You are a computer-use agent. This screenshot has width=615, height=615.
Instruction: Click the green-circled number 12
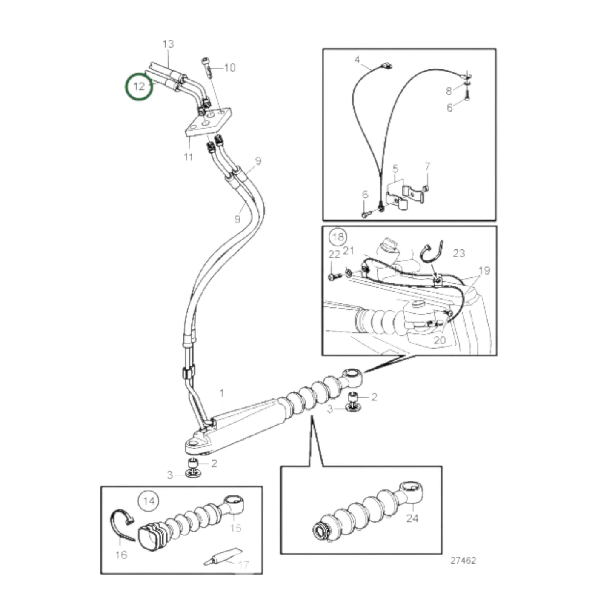click(139, 86)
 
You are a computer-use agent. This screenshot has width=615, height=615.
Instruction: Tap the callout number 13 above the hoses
click(168, 44)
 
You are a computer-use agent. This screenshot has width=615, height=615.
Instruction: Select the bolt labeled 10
click(207, 67)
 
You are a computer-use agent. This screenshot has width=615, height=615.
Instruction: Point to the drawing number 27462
click(463, 561)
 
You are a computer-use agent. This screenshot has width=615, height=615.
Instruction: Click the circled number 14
click(149, 501)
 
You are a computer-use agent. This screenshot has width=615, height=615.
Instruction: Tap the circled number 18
click(338, 237)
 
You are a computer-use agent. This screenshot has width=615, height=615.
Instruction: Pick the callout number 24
click(412, 518)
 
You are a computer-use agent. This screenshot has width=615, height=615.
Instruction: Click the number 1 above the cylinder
click(221, 393)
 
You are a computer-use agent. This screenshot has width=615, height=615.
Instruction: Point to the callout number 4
click(357, 59)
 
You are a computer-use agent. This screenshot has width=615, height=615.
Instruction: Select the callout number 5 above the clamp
click(395, 169)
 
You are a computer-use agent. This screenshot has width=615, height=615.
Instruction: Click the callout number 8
click(449, 91)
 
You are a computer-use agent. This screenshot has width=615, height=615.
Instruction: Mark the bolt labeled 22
click(333, 277)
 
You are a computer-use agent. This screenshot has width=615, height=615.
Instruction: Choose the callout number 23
click(459, 253)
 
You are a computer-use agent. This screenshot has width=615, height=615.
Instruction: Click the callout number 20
click(440, 340)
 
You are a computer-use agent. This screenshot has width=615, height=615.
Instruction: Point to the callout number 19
click(484, 270)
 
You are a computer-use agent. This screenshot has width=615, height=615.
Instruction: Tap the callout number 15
click(235, 528)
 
